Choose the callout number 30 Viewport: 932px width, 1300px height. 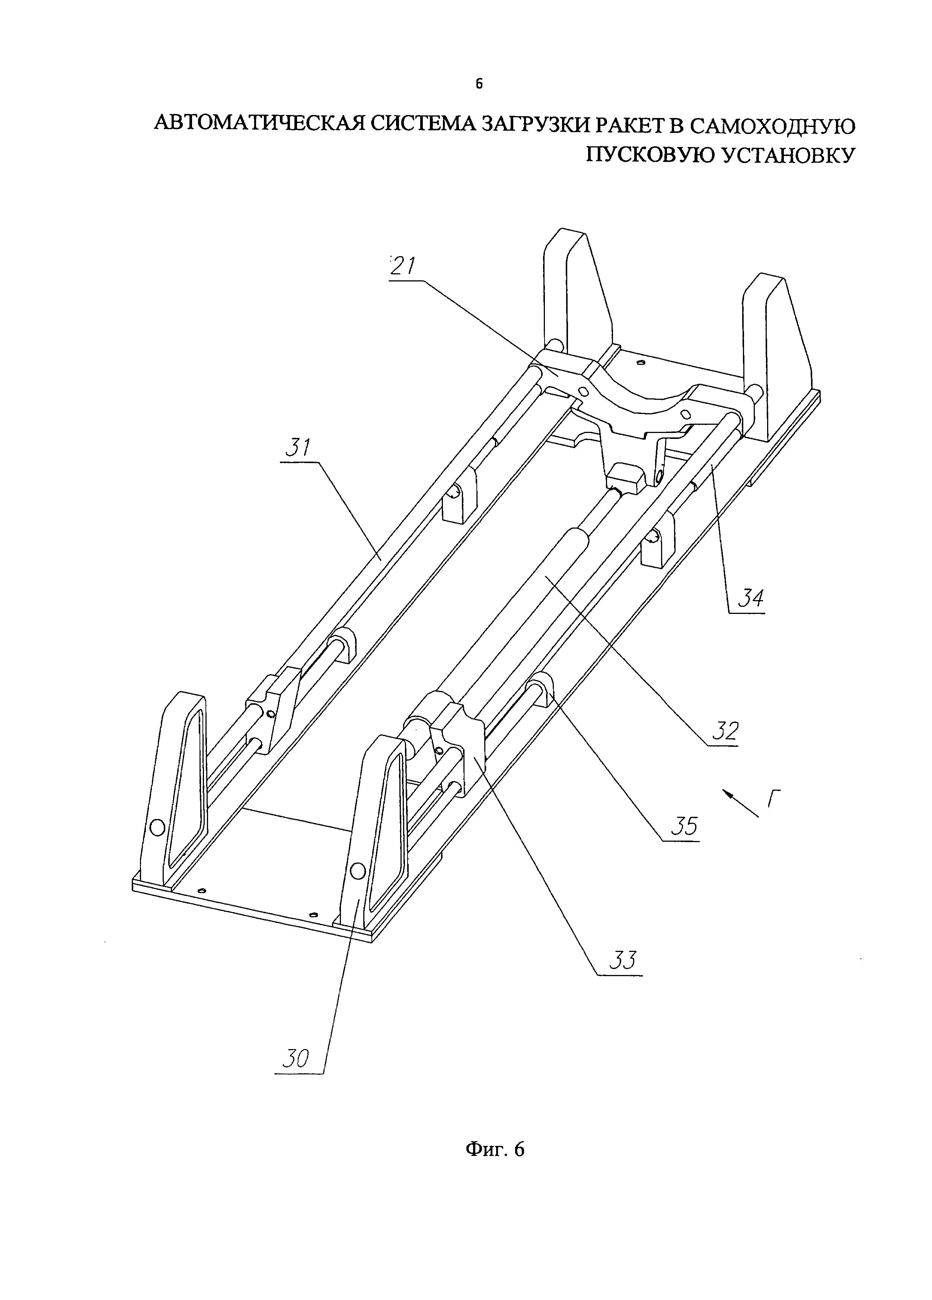pyautogui.click(x=296, y=1058)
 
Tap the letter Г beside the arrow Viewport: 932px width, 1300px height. pyautogui.click(x=774, y=797)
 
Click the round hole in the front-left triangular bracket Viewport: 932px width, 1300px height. pyautogui.click(x=156, y=826)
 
